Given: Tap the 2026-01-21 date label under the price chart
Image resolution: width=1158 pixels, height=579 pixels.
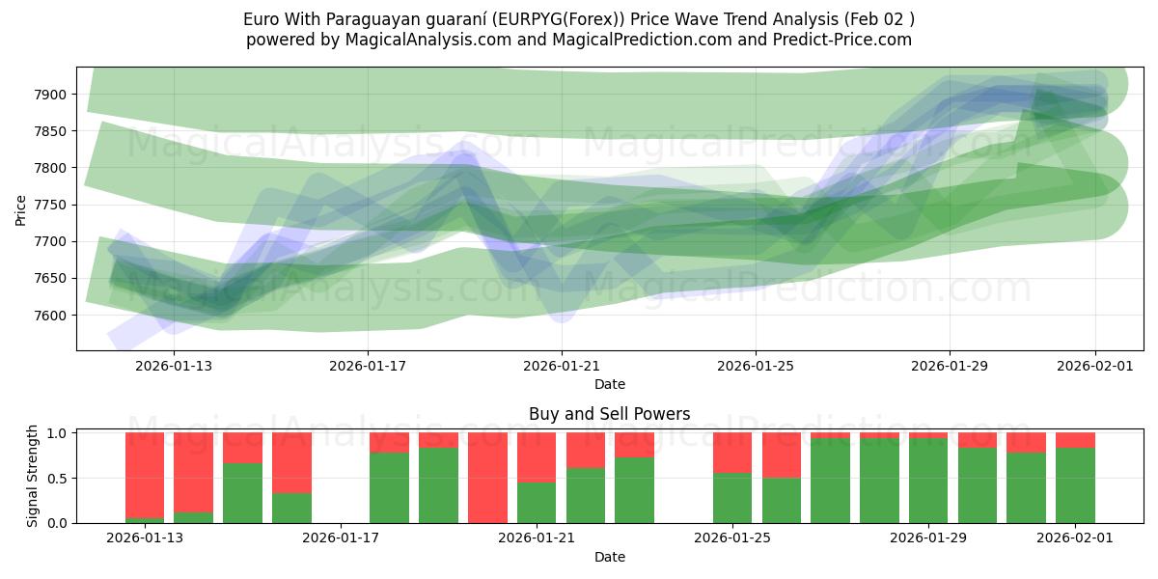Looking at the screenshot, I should pyautogui.click(x=561, y=366).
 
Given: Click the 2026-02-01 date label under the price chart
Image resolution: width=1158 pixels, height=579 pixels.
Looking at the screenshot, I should pyautogui.click(x=1094, y=366).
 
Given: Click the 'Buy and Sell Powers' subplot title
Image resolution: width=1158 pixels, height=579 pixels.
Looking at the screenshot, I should pyautogui.click(x=609, y=414).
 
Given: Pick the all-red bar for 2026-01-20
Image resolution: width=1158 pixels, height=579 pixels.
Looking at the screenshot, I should pyautogui.click(x=487, y=478).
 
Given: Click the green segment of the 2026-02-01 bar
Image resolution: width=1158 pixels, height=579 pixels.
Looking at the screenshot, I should pyautogui.click(x=1075, y=485).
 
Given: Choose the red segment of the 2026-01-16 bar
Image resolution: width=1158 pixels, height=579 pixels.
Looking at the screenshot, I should pyautogui.click(x=291, y=462).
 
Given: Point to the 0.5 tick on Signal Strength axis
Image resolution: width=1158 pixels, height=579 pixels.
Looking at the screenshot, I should pyautogui.click(x=57, y=478).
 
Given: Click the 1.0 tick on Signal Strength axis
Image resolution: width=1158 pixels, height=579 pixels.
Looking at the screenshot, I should pyautogui.click(x=57, y=433).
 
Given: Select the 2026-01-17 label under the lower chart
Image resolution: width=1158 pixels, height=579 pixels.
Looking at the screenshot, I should pyautogui.click(x=342, y=538).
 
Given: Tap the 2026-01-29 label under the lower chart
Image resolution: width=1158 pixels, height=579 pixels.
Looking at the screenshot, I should pyautogui.click(x=928, y=538).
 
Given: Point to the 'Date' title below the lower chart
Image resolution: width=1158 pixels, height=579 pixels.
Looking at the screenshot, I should pyautogui.click(x=609, y=557).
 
